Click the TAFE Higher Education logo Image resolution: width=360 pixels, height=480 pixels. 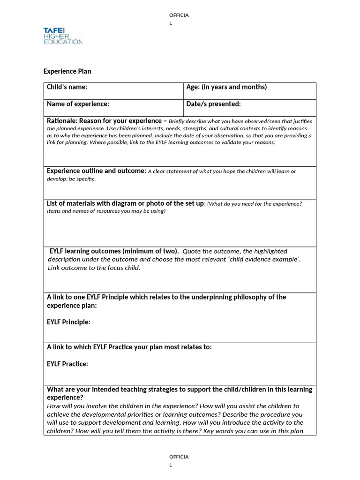pos(63,36)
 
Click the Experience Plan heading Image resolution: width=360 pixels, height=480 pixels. pos(67,71)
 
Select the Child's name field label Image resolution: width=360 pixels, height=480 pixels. pos(67,87)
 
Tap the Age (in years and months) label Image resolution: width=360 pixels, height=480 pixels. pos(226,87)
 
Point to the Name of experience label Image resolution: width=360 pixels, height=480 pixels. pos(78,104)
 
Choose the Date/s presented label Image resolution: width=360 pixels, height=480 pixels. pos(213,104)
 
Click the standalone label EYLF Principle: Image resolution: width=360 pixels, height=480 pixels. pos(68,322)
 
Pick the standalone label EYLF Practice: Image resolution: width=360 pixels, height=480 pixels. pos(67,364)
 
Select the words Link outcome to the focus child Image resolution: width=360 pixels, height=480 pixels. pos(94,268)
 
